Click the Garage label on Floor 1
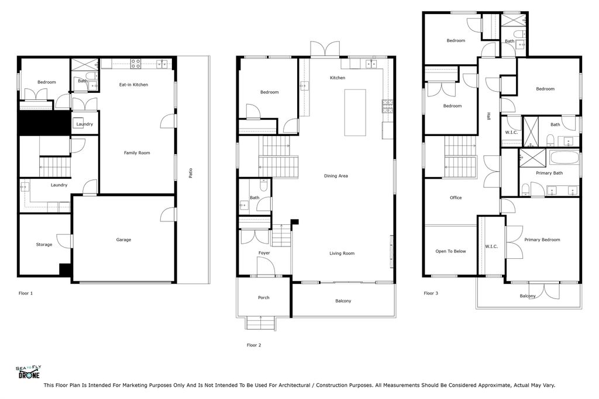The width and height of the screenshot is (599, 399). tap(123, 240)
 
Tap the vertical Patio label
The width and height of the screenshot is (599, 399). tap(191, 174)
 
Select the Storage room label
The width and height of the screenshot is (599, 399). tap(44, 245)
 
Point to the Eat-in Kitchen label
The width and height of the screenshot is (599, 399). tap(133, 85)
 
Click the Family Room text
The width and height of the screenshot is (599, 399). tap(137, 153)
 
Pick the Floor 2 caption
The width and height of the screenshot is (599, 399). tap(254, 345)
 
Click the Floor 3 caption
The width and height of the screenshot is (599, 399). tap(431, 293)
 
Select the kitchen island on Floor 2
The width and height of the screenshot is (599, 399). tap(354, 112)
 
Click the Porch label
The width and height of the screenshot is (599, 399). tap(264, 298)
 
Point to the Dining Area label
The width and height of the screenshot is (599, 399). tap(336, 176)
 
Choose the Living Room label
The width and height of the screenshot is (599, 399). tap(342, 254)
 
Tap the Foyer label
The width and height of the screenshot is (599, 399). tap(264, 253)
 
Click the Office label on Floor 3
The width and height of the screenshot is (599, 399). tap(456, 198)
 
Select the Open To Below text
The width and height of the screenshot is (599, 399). tap(450, 251)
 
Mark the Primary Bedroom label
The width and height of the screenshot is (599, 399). tap(542, 240)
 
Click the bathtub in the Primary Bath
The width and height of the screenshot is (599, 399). tap(563, 158)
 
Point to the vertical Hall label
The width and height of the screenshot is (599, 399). tap(488, 117)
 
